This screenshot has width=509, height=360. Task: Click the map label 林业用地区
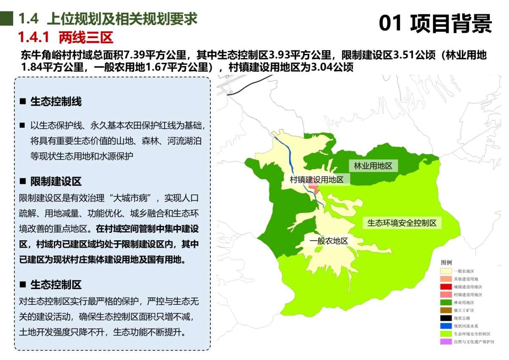(373, 166)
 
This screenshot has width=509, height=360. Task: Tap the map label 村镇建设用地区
(316, 180)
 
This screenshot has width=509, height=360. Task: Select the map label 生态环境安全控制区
(402, 223)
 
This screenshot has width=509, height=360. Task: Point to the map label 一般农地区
(329, 241)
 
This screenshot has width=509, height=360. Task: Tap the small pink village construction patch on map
(314, 188)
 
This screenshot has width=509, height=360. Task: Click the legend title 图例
(446, 263)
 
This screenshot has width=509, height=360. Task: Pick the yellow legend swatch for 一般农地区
(446, 271)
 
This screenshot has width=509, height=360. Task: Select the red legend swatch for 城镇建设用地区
(446, 287)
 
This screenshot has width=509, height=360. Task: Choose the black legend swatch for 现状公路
(446, 318)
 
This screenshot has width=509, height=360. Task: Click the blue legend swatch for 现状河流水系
(446, 326)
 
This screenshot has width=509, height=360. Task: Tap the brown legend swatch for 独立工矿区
(446, 310)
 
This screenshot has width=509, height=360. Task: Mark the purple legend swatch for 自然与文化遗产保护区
(446, 342)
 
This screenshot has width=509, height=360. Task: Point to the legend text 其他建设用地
(466, 279)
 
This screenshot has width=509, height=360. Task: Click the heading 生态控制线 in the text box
(56, 102)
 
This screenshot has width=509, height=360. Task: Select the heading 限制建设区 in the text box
(56, 182)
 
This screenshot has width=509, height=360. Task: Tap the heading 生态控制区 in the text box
(56, 285)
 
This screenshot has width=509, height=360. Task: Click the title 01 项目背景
(435, 23)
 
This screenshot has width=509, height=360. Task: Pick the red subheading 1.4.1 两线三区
(65, 38)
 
